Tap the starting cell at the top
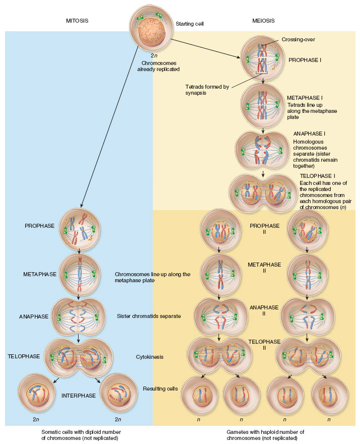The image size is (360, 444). [151, 25]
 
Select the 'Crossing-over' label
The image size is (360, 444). [298, 39]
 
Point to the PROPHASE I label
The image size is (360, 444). [305, 59]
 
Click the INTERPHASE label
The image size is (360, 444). [78, 396]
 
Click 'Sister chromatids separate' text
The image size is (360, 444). [149, 316]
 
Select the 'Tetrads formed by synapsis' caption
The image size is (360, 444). [207, 90]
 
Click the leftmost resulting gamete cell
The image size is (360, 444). [199, 395]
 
